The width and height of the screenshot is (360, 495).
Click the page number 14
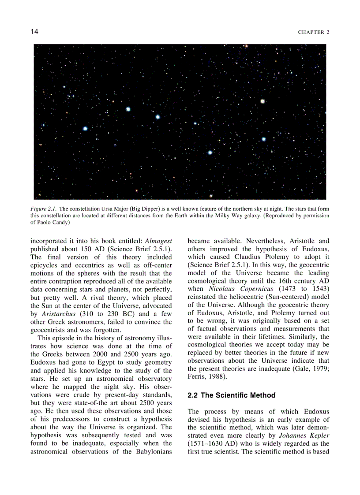point(34,32)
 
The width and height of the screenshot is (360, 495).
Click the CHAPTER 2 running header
point(314,32)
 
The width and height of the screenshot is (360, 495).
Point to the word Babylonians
point(149,451)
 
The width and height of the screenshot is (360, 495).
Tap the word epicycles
point(44,265)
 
